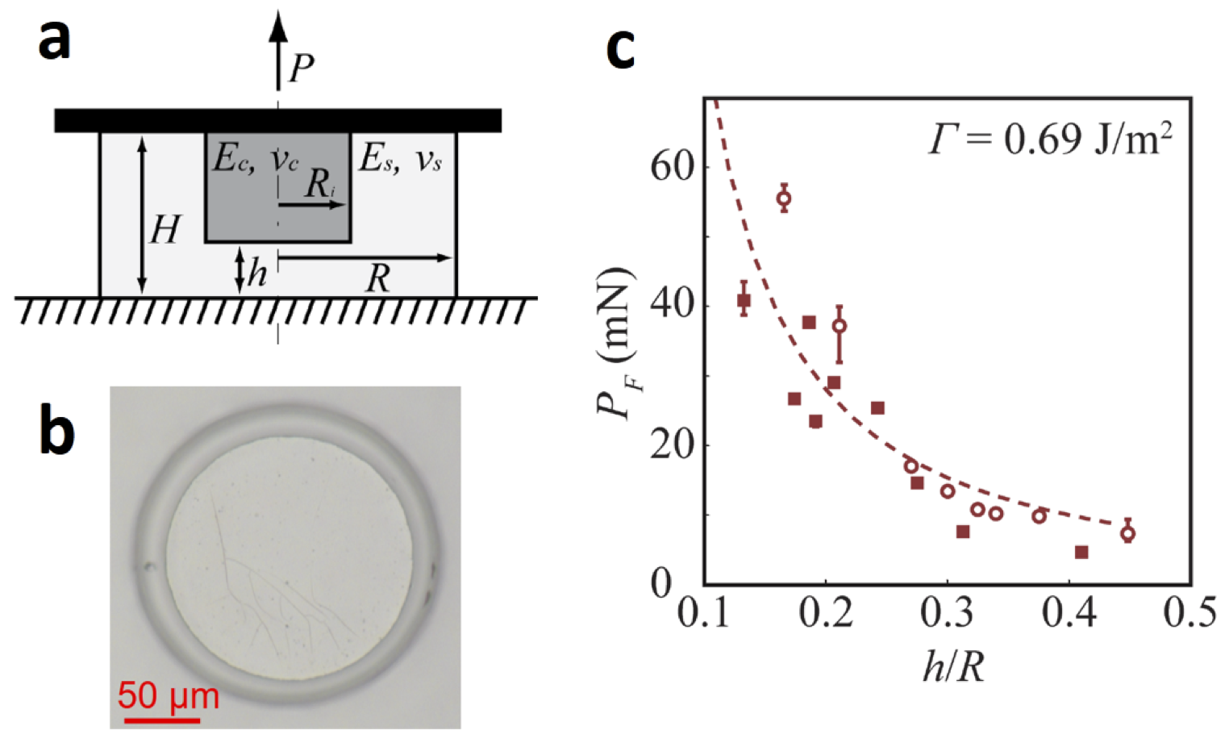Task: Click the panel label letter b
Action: point(57,433)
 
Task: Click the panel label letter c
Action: point(621,49)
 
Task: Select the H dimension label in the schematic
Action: point(165,230)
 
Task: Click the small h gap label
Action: point(257,273)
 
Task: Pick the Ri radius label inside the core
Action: point(320,185)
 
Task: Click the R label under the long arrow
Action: point(377,279)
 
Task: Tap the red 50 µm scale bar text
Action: point(168,695)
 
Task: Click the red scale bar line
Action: point(162,719)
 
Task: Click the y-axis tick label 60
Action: point(672,167)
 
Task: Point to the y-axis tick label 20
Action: point(672,445)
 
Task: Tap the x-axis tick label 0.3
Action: point(948,613)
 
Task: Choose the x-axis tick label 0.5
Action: point(1190,613)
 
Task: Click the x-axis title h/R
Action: point(953,666)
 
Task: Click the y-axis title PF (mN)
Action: point(614,343)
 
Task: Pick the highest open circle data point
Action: point(783,198)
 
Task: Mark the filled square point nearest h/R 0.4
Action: point(1081,553)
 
